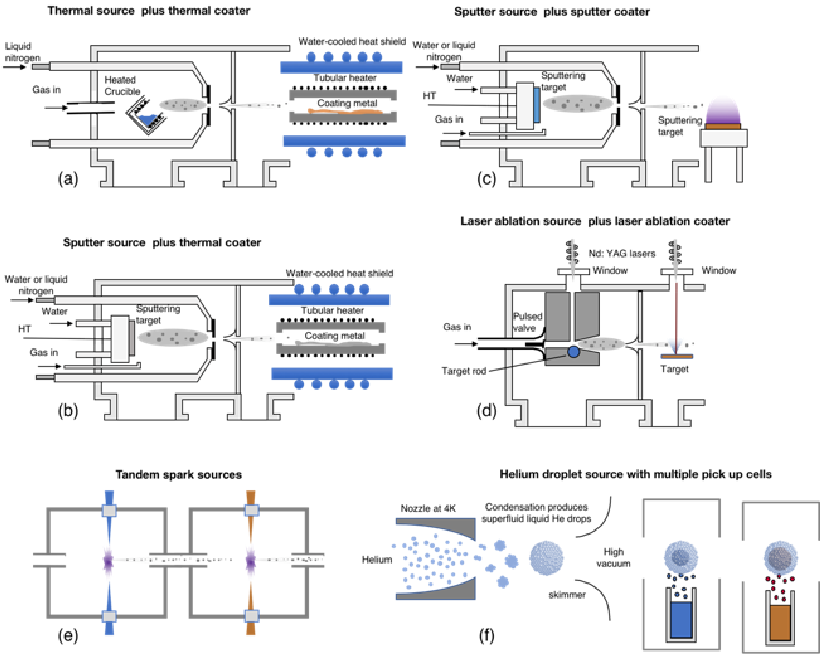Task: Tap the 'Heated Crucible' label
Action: pyautogui.click(x=122, y=85)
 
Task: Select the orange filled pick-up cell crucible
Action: pyautogui.click(x=780, y=622)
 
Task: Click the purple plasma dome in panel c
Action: pyautogui.click(x=723, y=111)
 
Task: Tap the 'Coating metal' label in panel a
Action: pyautogui.click(x=347, y=103)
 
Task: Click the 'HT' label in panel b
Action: pyautogui.click(x=25, y=329)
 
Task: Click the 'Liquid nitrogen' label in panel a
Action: pyautogui.click(x=22, y=52)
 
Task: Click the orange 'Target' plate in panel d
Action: pyautogui.click(x=677, y=356)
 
